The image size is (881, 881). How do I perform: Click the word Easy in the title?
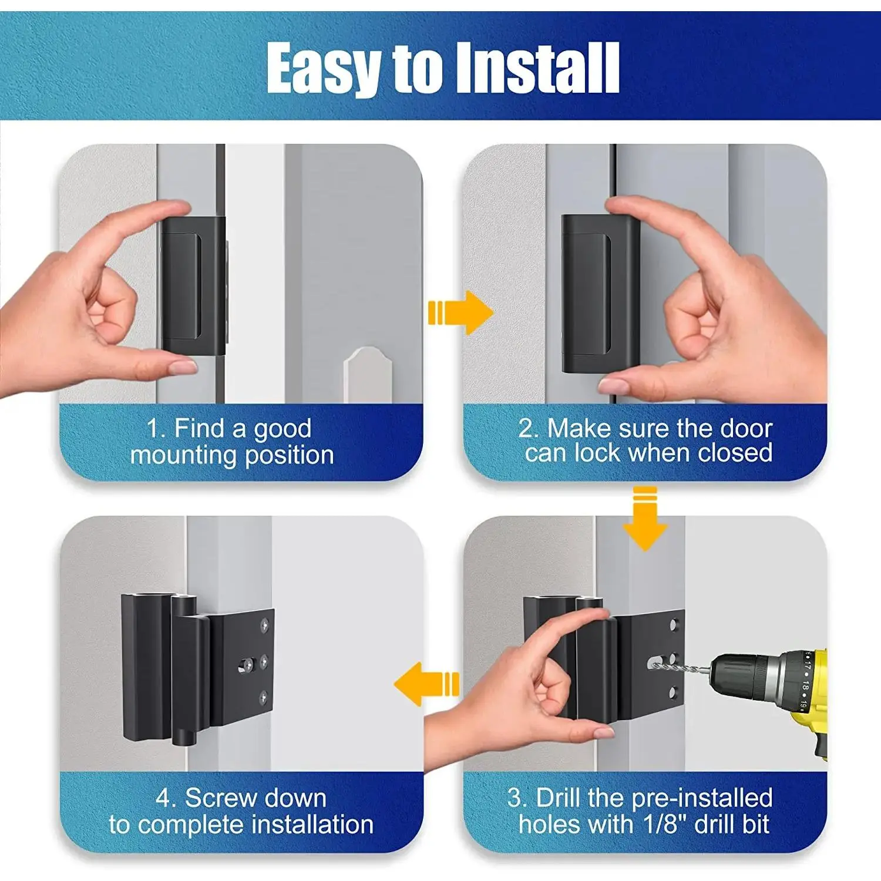click(x=325, y=69)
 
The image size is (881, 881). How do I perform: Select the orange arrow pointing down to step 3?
click(x=645, y=519)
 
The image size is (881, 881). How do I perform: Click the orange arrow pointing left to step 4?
click(x=426, y=684)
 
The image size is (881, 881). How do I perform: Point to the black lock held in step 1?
click(x=193, y=286)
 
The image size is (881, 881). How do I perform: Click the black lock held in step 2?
click(x=600, y=294)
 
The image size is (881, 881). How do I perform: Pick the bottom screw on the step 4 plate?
click(x=264, y=697)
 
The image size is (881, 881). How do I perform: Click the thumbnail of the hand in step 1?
click(x=183, y=368)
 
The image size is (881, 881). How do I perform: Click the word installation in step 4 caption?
click(x=312, y=824)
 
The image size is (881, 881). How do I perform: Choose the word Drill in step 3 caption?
click(x=559, y=798)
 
